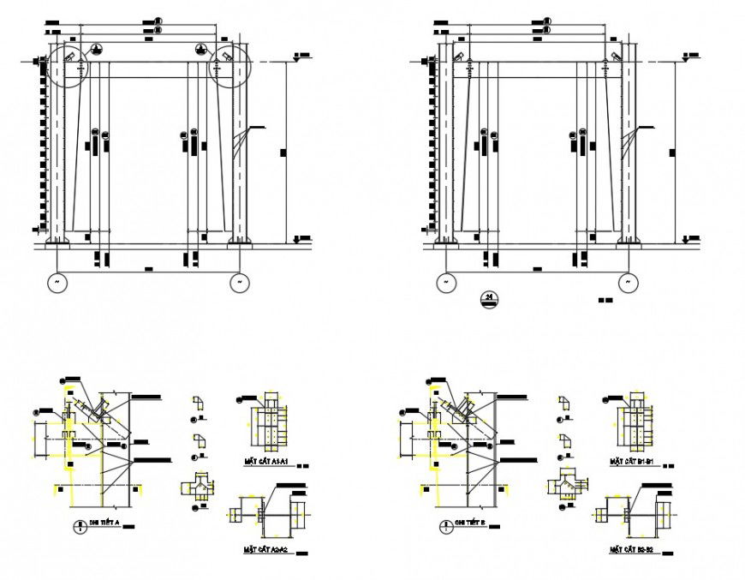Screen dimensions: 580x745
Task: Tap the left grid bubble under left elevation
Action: (x=58, y=281)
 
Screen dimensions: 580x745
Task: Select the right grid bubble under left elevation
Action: (x=240, y=281)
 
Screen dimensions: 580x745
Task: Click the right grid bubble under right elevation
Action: (x=629, y=281)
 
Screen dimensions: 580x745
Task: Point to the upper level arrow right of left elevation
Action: (x=295, y=58)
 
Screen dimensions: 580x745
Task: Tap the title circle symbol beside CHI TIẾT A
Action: (x=80, y=525)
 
